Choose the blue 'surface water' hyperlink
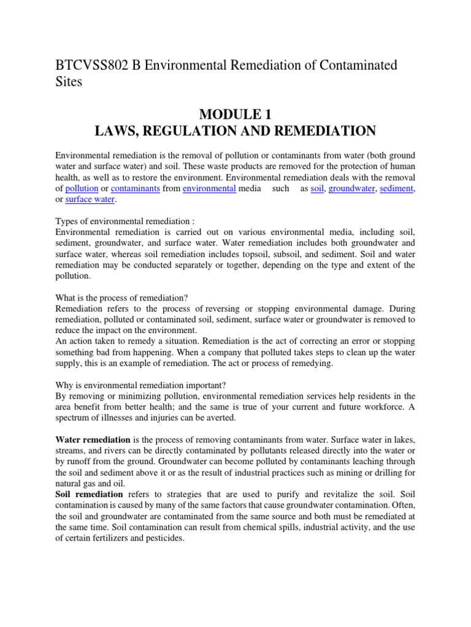pyautogui.click(x=90, y=200)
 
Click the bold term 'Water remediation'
pyautogui.click(x=93, y=440)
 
